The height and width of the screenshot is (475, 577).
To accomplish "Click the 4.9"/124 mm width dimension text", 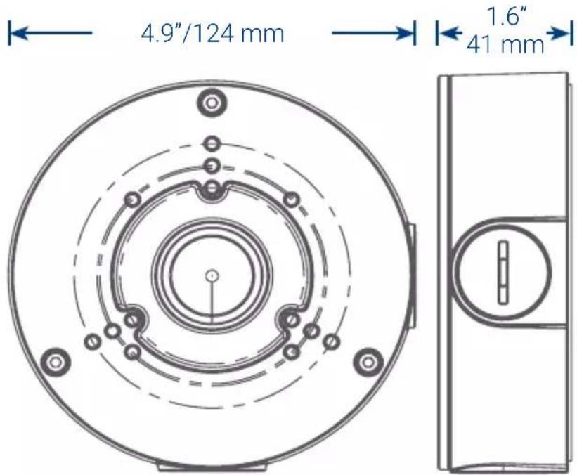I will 212,33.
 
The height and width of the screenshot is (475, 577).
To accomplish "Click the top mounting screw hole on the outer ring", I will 210,103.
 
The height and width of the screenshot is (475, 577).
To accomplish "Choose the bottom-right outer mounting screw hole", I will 367,362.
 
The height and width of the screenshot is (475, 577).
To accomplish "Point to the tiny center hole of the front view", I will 211,275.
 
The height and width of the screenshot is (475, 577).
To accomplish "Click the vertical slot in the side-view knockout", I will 503,273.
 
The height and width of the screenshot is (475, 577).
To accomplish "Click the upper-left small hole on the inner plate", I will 130,200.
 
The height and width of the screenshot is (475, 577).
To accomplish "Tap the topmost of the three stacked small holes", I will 211,144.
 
